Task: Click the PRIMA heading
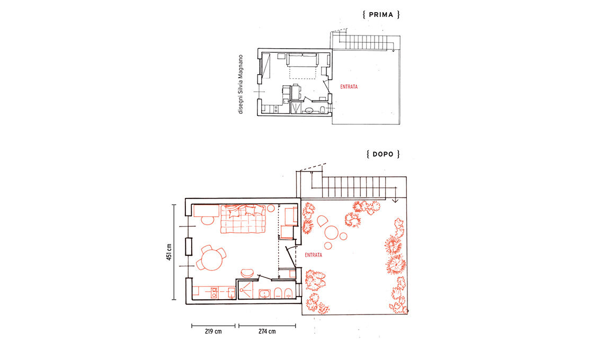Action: click(381, 15)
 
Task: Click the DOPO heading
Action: click(383, 154)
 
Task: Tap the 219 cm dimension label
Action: click(213, 331)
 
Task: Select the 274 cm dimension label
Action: click(267, 331)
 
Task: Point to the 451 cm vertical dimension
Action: click(169, 252)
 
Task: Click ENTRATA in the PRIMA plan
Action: click(349, 87)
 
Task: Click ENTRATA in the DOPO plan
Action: click(313, 255)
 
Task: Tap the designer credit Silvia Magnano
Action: click(241, 84)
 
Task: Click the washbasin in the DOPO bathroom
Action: click(264, 294)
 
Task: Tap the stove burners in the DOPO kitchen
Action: click(214, 292)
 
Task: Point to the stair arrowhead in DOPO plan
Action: click(395, 200)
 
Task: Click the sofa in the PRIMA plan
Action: click(303, 60)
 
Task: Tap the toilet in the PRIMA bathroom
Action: click(322, 111)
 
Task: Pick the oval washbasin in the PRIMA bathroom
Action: click(309, 111)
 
